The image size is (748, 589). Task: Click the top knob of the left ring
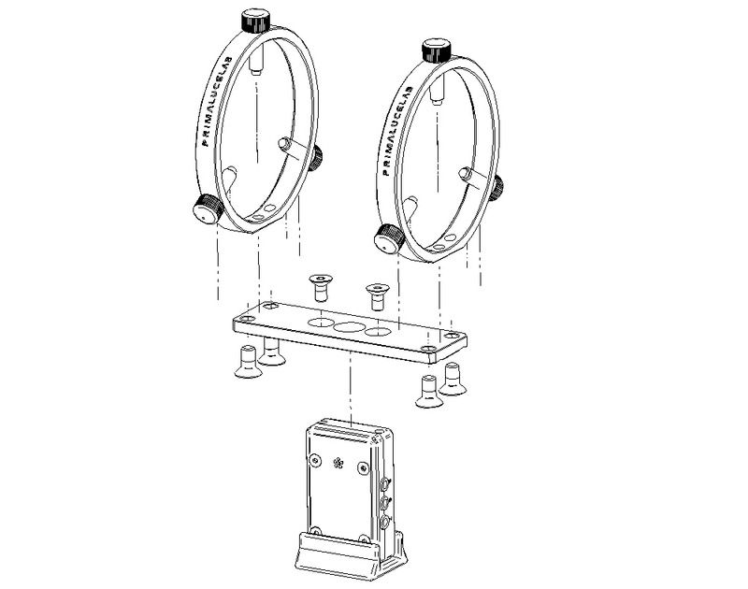point(255,19)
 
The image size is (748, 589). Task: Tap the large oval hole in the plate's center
point(351,328)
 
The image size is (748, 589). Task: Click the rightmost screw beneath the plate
point(454,379)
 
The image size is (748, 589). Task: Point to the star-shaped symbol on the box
point(338,464)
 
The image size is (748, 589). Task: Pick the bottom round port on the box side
point(385,524)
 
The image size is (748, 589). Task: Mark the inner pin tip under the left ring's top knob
point(255,65)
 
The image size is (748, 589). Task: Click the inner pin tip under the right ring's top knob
point(436,94)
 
